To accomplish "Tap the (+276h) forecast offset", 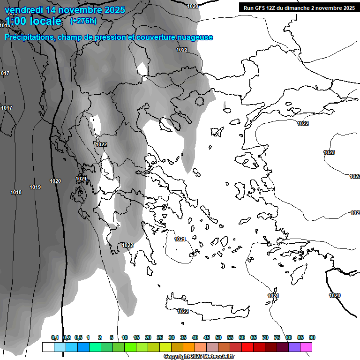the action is click(83, 21).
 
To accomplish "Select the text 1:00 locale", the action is click(33, 21).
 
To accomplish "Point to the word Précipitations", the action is click(28, 37).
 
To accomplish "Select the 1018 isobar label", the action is click(16, 192).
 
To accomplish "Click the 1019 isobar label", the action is click(35, 187).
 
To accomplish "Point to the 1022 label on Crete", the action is click(183, 311).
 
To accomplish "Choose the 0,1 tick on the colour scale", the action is click(55, 337).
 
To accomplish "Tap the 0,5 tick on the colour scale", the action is click(78, 337).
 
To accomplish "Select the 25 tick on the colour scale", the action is click(160, 337).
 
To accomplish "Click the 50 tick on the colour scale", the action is click(218, 337).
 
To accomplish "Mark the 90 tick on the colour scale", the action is click(312, 337).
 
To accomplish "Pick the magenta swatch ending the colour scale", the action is click(306, 347).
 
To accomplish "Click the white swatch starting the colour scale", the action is click(48, 347).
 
